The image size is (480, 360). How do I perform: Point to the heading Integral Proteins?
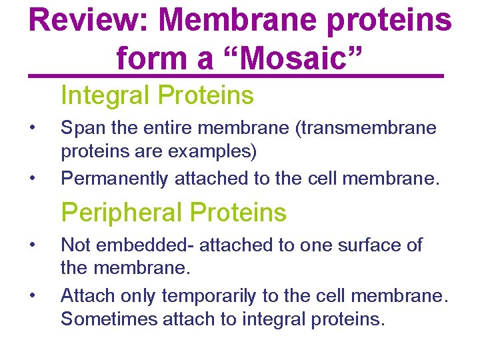pyautogui.click(x=157, y=96)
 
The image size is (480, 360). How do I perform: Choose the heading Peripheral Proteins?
pyautogui.click(x=173, y=213)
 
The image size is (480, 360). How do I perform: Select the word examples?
pyautogui.click(x=213, y=152)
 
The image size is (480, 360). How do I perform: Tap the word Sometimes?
pyautogui.click(x=107, y=319)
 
